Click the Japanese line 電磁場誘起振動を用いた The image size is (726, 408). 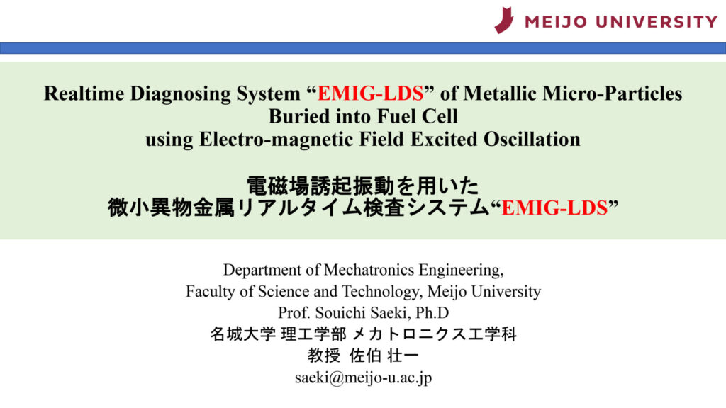tap(362, 187)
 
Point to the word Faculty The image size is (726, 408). tap(211, 291)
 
